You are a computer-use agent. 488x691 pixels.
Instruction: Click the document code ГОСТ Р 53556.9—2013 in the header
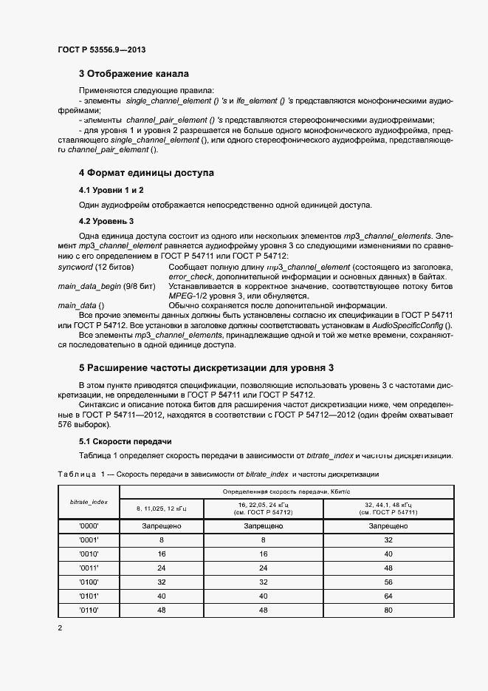[x=101, y=50]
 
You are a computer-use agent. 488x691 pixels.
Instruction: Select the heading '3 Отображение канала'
[x=134, y=74]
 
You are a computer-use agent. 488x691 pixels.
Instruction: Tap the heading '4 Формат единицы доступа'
[x=146, y=173]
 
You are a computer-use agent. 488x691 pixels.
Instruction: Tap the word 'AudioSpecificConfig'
[x=411, y=326]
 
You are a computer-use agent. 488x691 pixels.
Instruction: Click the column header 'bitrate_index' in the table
[x=89, y=501]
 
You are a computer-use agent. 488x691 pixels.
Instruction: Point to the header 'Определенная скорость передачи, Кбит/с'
[x=286, y=491]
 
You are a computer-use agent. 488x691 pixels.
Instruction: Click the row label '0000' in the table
[x=89, y=526]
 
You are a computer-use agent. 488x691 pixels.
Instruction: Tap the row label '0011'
[x=89, y=568]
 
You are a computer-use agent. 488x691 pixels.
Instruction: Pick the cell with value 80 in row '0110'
[x=388, y=610]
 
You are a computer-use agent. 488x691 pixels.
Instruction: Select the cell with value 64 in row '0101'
[x=388, y=596]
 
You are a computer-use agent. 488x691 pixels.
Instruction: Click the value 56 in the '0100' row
[x=388, y=582]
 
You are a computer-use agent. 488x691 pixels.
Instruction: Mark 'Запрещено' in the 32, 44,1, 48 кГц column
[x=388, y=526]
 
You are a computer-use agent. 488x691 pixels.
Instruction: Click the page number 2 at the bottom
[x=61, y=628]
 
